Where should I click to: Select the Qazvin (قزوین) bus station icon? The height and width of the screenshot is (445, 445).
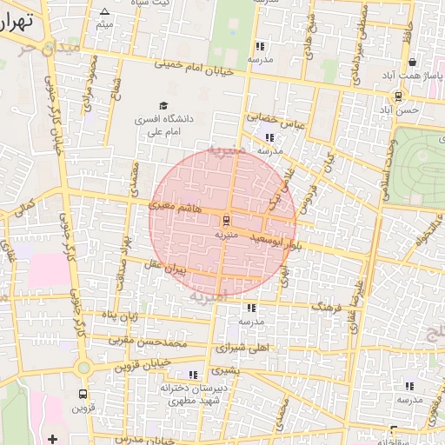pyautogui.click(x=83, y=393)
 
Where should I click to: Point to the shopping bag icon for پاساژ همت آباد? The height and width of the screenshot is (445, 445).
pyautogui.click(x=411, y=63)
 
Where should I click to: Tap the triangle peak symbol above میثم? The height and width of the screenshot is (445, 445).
pyautogui.click(x=105, y=12)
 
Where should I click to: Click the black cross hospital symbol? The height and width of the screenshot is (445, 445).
pyautogui.click(x=53, y=439)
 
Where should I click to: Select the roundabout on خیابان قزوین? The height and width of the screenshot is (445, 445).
pyautogui.click(x=83, y=368)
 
